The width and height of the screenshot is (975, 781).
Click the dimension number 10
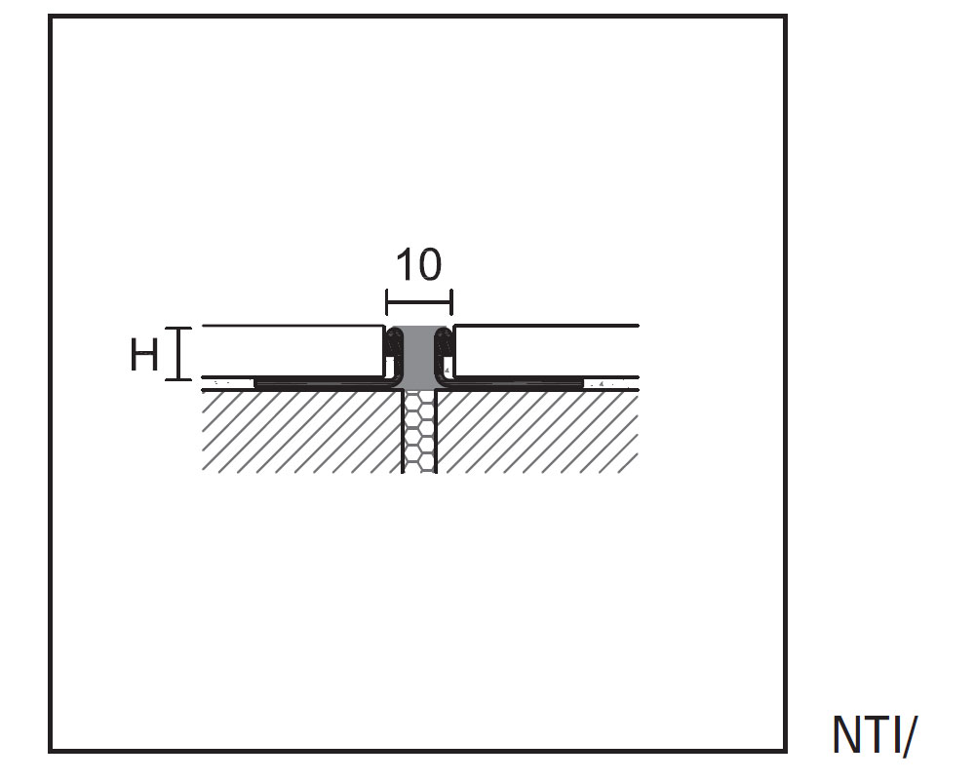coord(418,265)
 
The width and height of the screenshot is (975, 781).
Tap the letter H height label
coord(144,356)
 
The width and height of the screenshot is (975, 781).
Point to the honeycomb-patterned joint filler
coord(419,434)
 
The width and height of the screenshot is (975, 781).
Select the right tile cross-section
coord(546,351)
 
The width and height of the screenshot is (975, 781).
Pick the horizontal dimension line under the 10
coord(419,298)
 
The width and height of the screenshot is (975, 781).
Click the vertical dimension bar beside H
coord(178,354)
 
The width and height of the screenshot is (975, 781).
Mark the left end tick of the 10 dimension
coord(387,298)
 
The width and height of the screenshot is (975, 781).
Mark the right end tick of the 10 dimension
coord(452,298)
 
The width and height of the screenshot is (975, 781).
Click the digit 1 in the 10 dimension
coord(404,265)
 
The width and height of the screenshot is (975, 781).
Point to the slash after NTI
coord(911,735)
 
